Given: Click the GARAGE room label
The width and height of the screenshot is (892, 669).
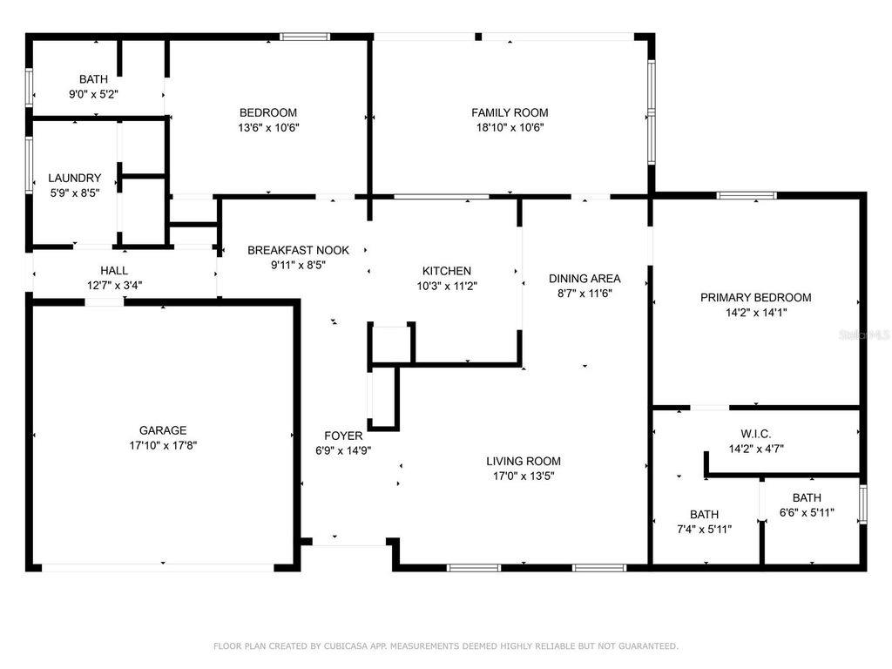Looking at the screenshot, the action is [163, 430].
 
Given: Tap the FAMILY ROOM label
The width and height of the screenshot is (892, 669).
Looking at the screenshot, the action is [510, 112].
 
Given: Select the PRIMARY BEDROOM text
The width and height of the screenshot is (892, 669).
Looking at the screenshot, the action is [755, 298].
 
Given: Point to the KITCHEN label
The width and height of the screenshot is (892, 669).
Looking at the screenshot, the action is [447, 272].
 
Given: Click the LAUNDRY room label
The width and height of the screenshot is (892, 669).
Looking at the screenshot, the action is [75, 178].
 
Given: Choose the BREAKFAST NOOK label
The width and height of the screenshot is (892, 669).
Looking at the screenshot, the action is [298, 250].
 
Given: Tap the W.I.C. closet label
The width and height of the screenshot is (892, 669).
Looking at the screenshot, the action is [756, 434].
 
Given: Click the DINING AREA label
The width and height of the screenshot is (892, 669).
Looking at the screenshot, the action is [585, 279].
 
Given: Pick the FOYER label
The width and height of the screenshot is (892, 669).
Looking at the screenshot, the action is [343, 436].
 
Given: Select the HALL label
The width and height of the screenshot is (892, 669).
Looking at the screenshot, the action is [114, 271].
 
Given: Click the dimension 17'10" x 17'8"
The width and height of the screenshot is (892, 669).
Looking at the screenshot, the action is [163, 445].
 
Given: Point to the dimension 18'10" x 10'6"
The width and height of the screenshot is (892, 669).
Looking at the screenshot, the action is [510, 127].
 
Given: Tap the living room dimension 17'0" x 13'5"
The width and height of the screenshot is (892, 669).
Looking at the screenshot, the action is [524, 476].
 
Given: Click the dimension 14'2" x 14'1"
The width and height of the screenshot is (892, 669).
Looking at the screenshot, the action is [756, 313].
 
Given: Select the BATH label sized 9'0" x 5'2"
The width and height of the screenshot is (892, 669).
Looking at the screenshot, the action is [93, 79].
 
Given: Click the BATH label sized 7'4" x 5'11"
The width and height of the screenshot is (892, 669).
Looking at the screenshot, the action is [704, 514].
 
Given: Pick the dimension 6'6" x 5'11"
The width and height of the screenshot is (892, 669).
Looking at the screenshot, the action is [807, 512].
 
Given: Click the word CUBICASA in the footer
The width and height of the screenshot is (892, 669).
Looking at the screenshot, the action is [343, 646].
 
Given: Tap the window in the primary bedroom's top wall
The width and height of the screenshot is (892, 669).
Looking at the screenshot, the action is [747, 196].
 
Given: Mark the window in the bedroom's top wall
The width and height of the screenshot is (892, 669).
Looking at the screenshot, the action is [305, 37].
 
